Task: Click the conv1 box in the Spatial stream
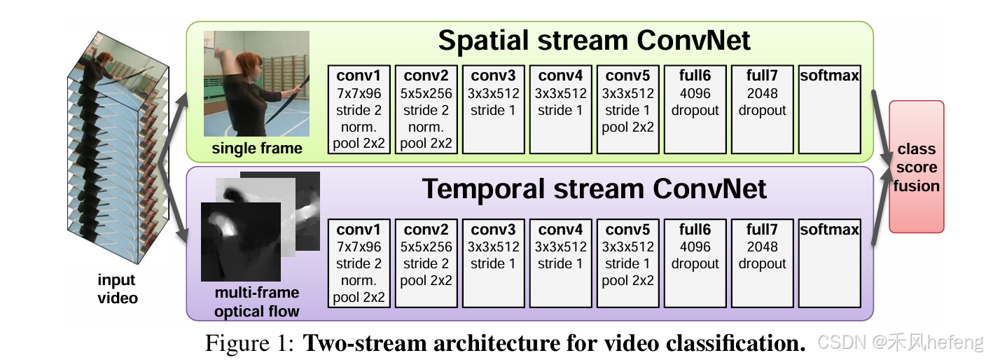click(359, 109)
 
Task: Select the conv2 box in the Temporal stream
click(426, 263)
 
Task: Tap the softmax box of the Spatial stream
click(829, 109)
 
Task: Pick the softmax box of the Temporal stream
click(829, 263)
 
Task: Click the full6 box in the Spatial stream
click(695, 109)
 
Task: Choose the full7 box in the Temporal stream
click(762, 263)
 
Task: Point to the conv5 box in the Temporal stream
click(627, 263)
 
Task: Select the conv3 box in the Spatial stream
click(493, 109)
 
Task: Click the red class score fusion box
click(917, 167)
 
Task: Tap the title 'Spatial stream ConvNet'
click(594, 40)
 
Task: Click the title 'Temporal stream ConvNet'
click(594, 189)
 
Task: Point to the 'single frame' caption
click(257, 148)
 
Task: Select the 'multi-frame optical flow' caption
click(257, 302)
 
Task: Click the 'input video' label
click(117, 289)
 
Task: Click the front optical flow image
click(240, 242)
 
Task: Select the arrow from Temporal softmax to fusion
click(880, 218)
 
